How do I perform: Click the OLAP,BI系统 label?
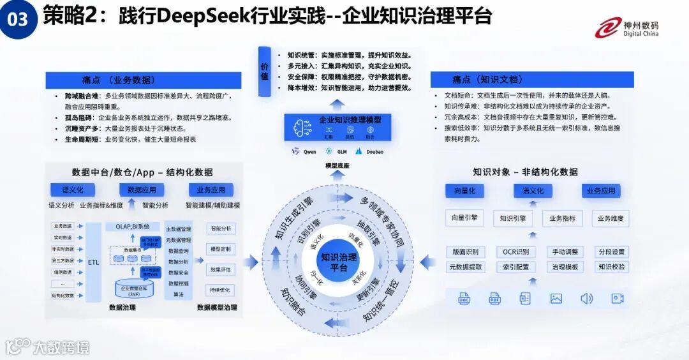(132, 226)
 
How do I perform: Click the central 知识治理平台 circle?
(339, 262)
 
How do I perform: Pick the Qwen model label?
(304, 151)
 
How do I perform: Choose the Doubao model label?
(369, 151)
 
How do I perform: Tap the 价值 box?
(265, 71)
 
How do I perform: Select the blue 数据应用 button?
(141, 190)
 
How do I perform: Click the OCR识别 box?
(515, 251)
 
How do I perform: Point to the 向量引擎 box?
(464, 218)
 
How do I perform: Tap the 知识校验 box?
(611, 267)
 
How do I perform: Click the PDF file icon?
(495, 298)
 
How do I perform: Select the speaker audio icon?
(586, 298)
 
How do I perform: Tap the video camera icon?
(617, 298)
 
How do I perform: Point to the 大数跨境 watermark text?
(61, 347)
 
